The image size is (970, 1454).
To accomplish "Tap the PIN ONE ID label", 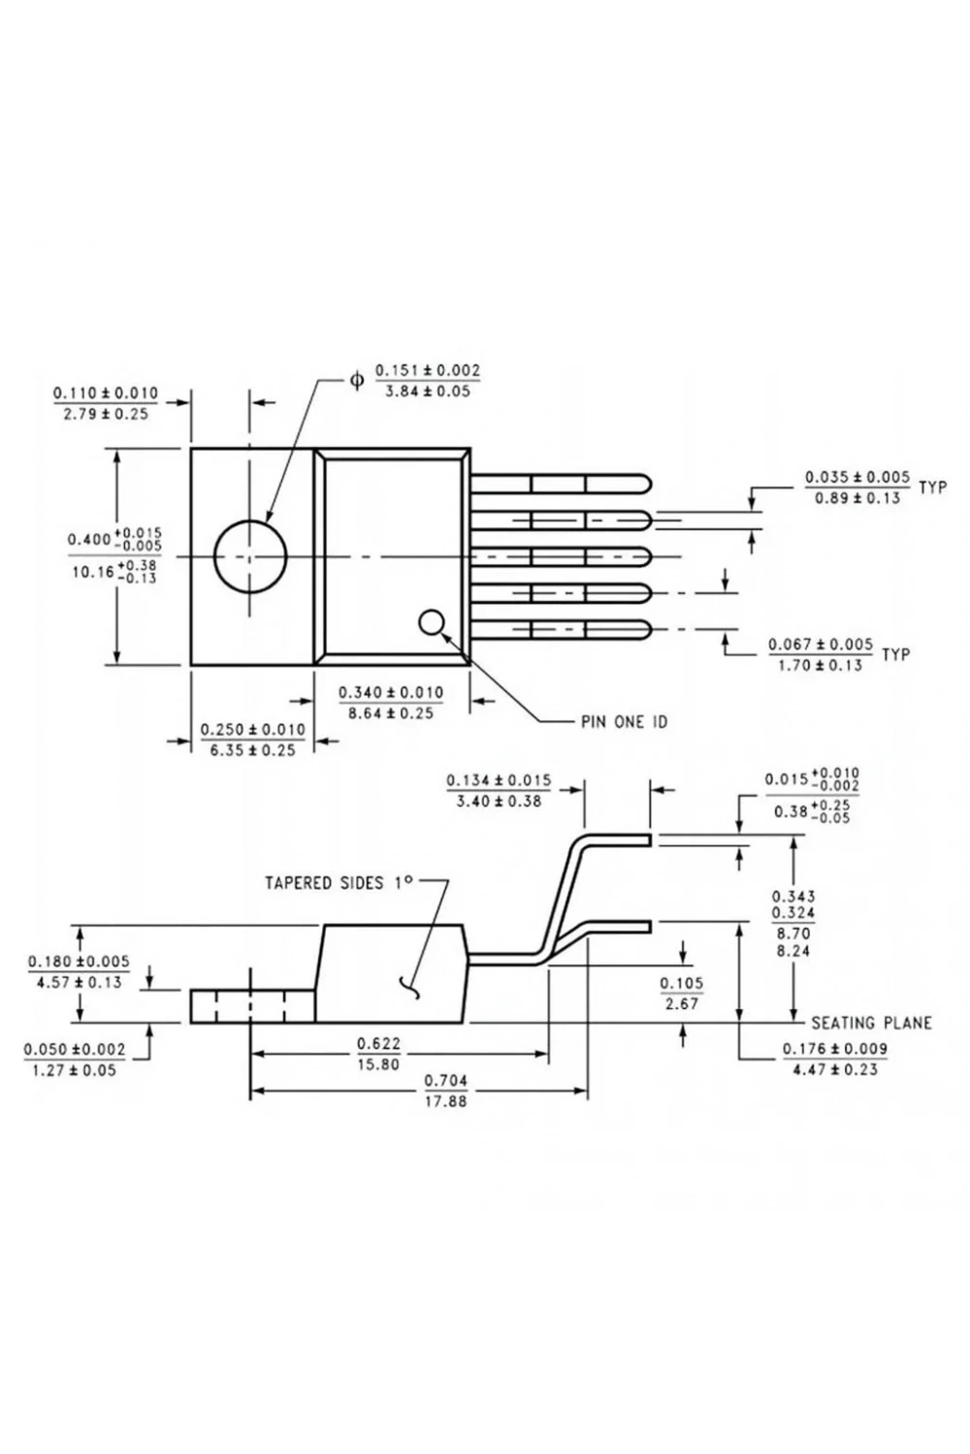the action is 624,722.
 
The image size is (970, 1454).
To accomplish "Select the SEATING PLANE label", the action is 871,1023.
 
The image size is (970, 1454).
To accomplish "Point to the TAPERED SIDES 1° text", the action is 339,883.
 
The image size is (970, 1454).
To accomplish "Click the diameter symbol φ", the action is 357,380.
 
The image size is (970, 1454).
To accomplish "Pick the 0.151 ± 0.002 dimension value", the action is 428,370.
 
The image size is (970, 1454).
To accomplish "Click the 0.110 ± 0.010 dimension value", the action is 106,393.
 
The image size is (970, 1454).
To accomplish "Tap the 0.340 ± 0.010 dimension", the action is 391,692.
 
